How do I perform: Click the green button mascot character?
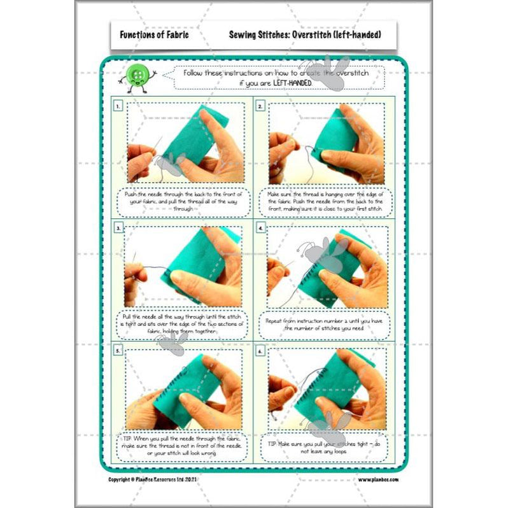pyautogui.click(x=137, y=78)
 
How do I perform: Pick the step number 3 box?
pyautogui.click(x=118, y=227)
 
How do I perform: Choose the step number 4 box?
pyautogui.click(x=261, y=227)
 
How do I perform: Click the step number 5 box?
pyautogui.click(x=118, y=350)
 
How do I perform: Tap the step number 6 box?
pyautogui.click(x=261, y=350)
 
